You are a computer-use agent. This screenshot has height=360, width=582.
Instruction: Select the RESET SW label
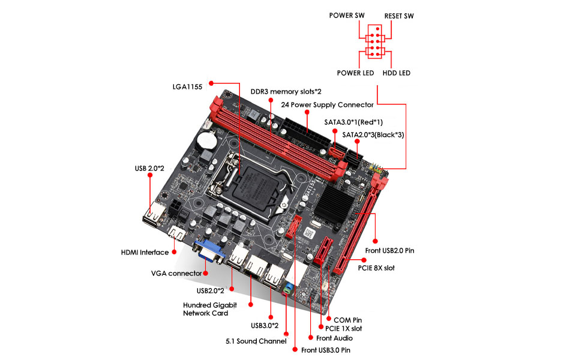coord(399,16)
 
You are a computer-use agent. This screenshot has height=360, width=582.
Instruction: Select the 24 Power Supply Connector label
coord(327,104)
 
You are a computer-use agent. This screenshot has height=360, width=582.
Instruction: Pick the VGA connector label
coord(176,274)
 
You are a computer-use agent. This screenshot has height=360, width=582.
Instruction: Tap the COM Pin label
coord(347,320)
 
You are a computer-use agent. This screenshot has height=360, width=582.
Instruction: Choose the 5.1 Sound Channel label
coord(252,341)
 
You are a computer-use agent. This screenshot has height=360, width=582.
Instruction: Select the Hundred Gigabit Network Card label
coord(209,309)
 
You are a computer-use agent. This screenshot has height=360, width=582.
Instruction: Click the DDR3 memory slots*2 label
coord(286,92)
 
